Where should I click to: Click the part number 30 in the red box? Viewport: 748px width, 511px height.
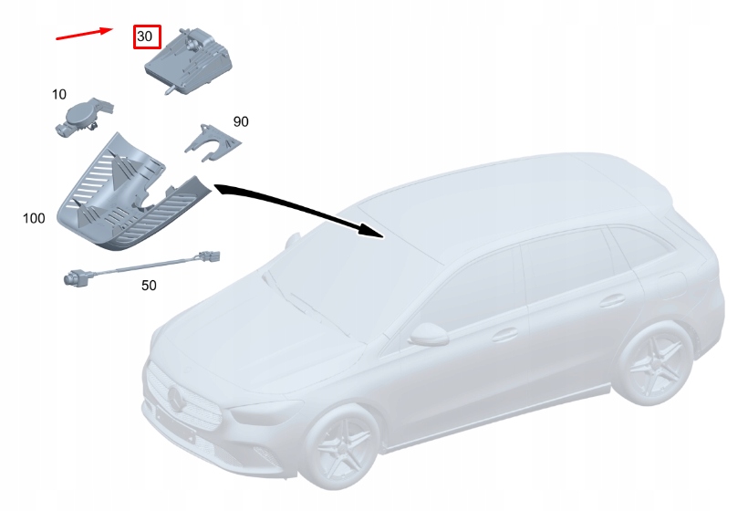coord(144,36)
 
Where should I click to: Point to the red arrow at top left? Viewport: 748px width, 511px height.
coord(85,34)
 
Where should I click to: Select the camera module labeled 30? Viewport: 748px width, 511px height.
coord(189,61)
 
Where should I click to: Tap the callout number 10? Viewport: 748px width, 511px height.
coord(59,95)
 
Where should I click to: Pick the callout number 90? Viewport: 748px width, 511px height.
coord(241,121)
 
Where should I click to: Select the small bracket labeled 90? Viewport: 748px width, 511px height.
coord(213,142)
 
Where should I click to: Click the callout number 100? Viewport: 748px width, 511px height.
coord(34,218)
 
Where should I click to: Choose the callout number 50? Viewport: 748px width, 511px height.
coord(149,286)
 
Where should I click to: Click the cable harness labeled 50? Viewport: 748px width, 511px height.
coord(141,268)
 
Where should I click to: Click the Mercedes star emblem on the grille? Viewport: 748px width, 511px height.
coord(175,399)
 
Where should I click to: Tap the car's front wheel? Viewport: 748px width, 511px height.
coord(341,447)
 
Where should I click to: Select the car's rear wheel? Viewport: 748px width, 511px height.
coord(654,363)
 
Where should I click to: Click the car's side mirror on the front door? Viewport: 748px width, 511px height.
coord(428,334)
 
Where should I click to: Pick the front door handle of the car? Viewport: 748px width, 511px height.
coord(505,335)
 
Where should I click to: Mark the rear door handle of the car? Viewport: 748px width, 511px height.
coord(612,300)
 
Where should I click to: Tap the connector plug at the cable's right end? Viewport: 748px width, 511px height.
coord(209,256)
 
